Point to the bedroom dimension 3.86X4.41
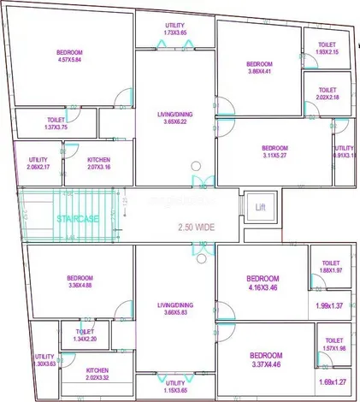pyautogui.click(x=259, y=69)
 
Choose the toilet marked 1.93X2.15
pyautogui.click(x=327, y=48)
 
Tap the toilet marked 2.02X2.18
pyautogui.click(x=327, y=94)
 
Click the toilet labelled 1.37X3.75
pyautogui.click(x=56, y=124)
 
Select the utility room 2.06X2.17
pyautogui.click(x=38, y=163)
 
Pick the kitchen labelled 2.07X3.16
pyautogui.click(x=98, y=163)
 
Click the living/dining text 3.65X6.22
pyautogui.click(x=174, y=117)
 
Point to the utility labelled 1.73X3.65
pyautogui.click(x=174, y=30)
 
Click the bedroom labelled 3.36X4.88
pyautogui.click(x=80, y=282)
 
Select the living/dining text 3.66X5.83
pyautogui.click(x=174, y=308)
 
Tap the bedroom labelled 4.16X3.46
pyautogui.click(x=263, y=284)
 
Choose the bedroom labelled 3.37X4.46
pyautogui.click(x=265, y=359)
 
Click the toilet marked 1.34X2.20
pyautogui.click(x=85, y=334)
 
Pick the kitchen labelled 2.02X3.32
pyautogui.click(x=97, y=375)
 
